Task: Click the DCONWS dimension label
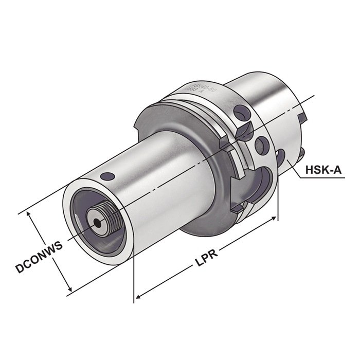tap(39, 257)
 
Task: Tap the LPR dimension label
tap(206, 254)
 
